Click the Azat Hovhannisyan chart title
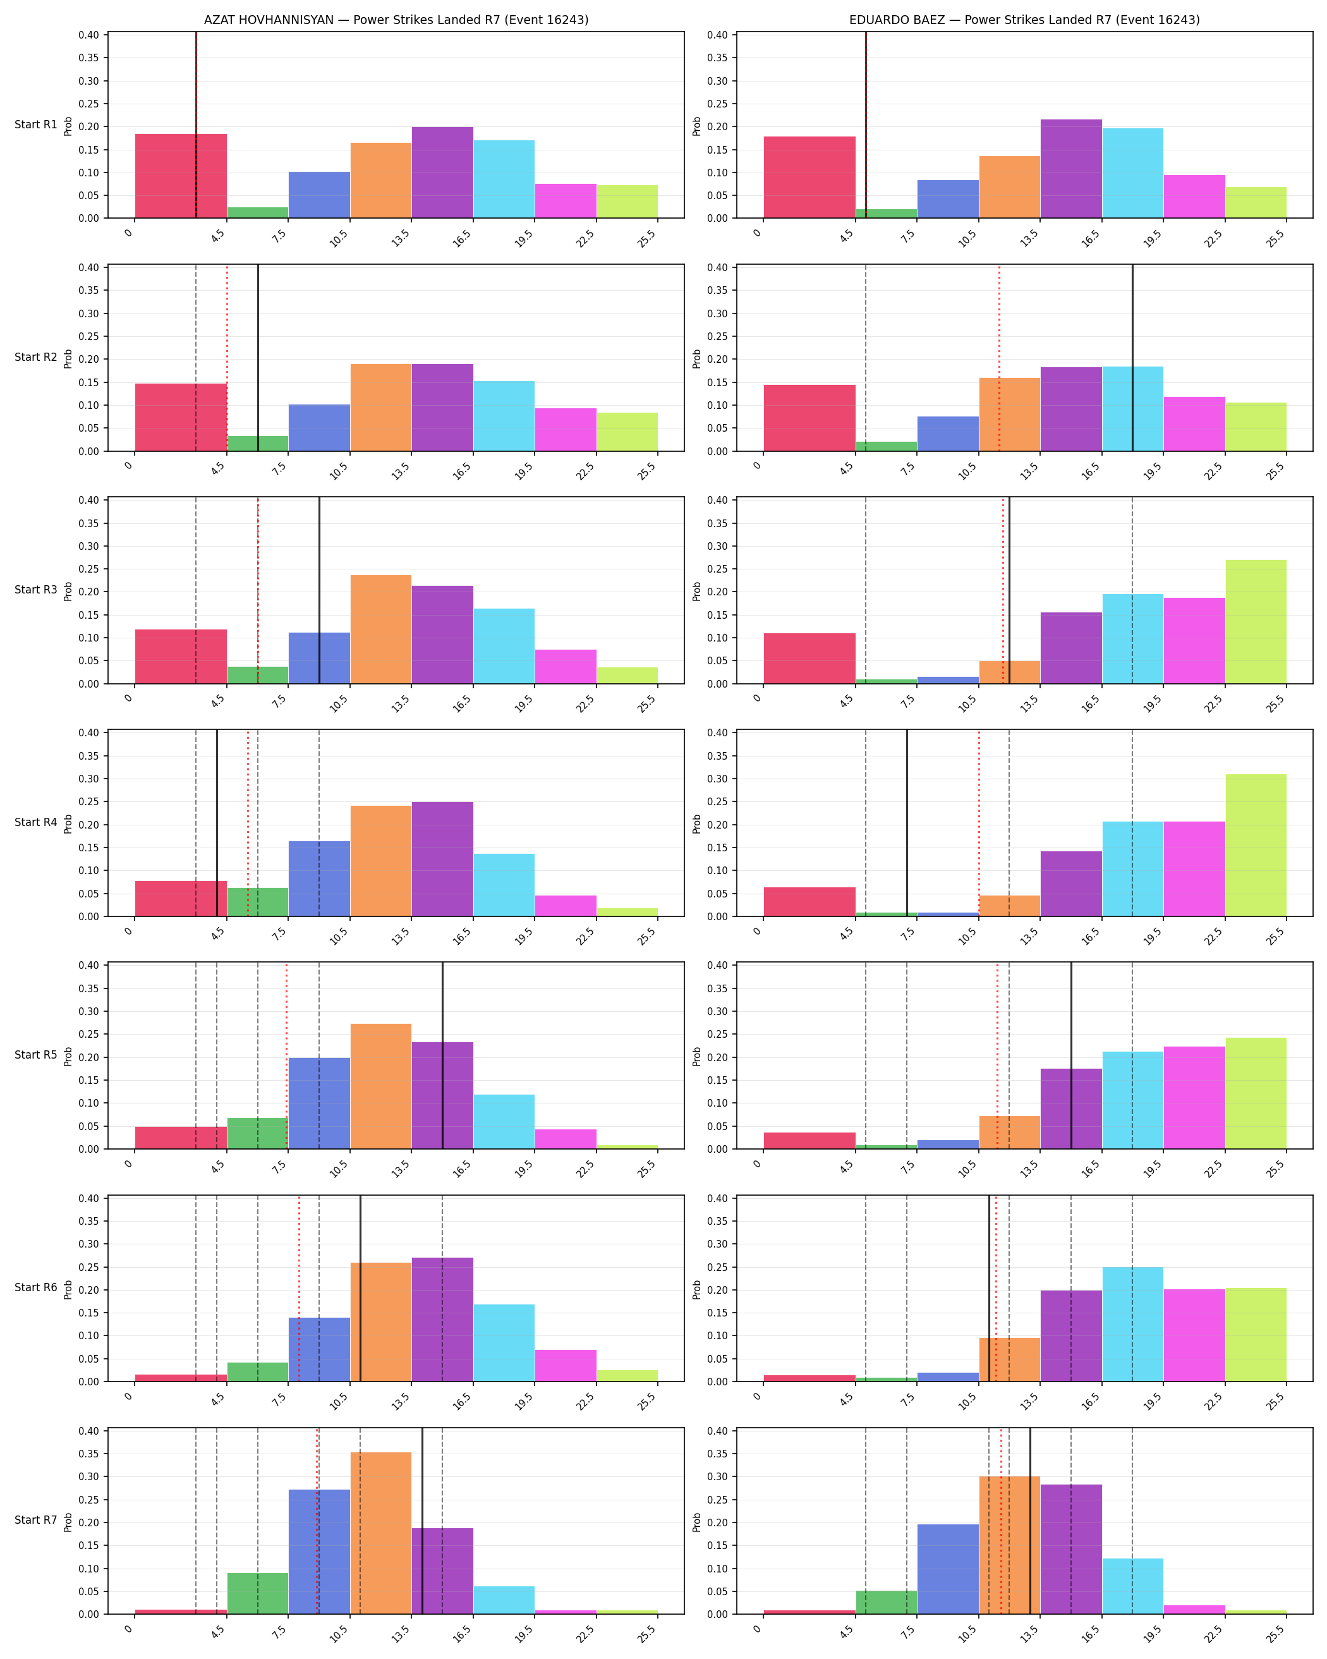(x=396, y=20)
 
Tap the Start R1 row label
(x=36, y=125)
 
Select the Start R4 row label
(x=36, y=823)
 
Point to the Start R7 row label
(x=36, y=1520)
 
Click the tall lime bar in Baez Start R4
(x=1256, y=845)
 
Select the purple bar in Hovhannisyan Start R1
(x=442, y=173)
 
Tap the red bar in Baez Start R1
(x=809, y=177)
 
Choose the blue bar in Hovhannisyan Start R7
(x=319, y=1552)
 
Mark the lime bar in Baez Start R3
(x=1256, y=622)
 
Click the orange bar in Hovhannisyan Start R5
(x=381, y=1086)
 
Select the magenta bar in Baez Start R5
(x=1194, y=1097)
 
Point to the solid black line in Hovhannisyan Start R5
(x=442, y=1055)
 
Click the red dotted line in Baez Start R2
(x=999, y=358)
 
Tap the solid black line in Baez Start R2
(x=1132, y=358)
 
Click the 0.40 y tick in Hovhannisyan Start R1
(x=88, y=35)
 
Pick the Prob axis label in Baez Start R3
(x=696, y=591)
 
